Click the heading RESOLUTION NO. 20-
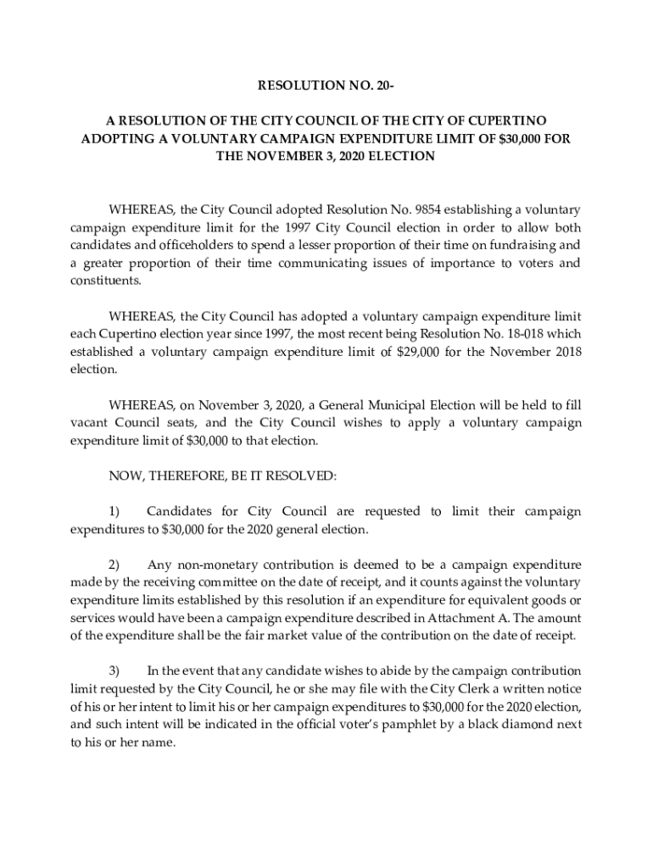[326, 86]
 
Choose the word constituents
[105, 281]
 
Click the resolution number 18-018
[518, 334]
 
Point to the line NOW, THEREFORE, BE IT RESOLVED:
[223, 476]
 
